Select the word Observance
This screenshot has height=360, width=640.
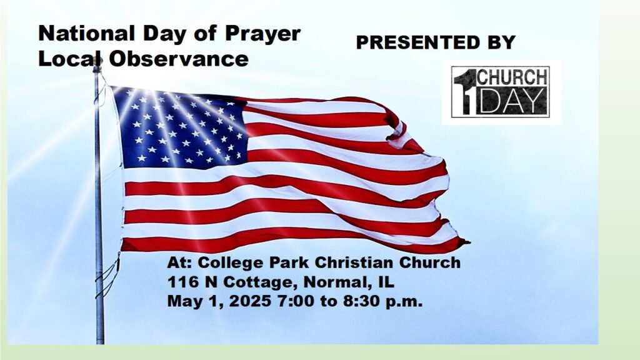click(x=178, y=59)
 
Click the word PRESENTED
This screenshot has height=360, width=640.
click(x=415, y=42)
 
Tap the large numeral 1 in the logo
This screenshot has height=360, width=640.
click(x=464, y=91)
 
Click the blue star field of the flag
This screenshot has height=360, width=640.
click(x=179, y=129)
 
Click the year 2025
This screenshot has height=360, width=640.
click(x=250, y=302)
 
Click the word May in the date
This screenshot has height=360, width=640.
click(x=185, y=302)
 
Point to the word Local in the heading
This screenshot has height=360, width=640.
click(x=70, y=59)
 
